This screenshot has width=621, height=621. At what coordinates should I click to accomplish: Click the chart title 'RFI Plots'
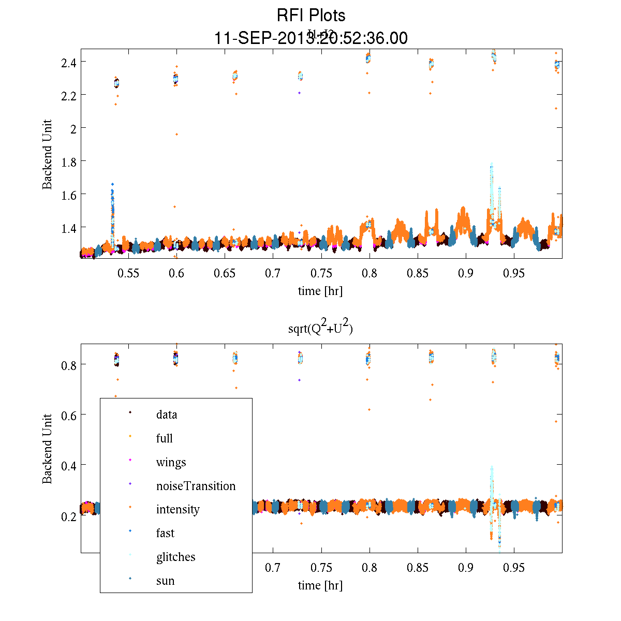(x=310, y=16)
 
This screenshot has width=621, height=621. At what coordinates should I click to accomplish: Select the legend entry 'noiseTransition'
(x=196, y=486)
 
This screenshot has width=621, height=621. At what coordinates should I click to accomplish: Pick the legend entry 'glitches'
(x=175, y=557)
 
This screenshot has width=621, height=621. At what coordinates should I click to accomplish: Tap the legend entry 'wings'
(x=171, y=462)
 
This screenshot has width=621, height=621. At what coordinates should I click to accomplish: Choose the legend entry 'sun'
(x=165, y=581)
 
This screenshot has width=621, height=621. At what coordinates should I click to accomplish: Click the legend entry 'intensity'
(x=178, y=509)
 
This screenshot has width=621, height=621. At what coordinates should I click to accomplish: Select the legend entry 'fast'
(x=165, y=533)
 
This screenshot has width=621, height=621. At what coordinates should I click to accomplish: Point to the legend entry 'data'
(x=166, y=415)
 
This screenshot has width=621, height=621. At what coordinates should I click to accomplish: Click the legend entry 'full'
(x=164, y=438)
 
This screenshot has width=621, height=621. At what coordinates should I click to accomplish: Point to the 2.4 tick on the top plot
(x=69, y=62)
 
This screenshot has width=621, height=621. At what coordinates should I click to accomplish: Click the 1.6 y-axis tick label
(x=69, y=195)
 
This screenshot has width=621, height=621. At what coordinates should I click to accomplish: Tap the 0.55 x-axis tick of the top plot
(x=128, y=273)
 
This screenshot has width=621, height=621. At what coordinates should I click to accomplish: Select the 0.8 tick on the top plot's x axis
(x=369, y=273)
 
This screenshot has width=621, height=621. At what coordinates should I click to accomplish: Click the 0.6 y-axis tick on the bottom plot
(x=69, y=415)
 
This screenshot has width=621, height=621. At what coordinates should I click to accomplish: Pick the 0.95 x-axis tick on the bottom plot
(x=514, y=568)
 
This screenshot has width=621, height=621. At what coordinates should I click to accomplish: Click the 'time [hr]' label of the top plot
(x=320, y=291)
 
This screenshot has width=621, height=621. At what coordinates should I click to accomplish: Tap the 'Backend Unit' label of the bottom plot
(x=47, y=449)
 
